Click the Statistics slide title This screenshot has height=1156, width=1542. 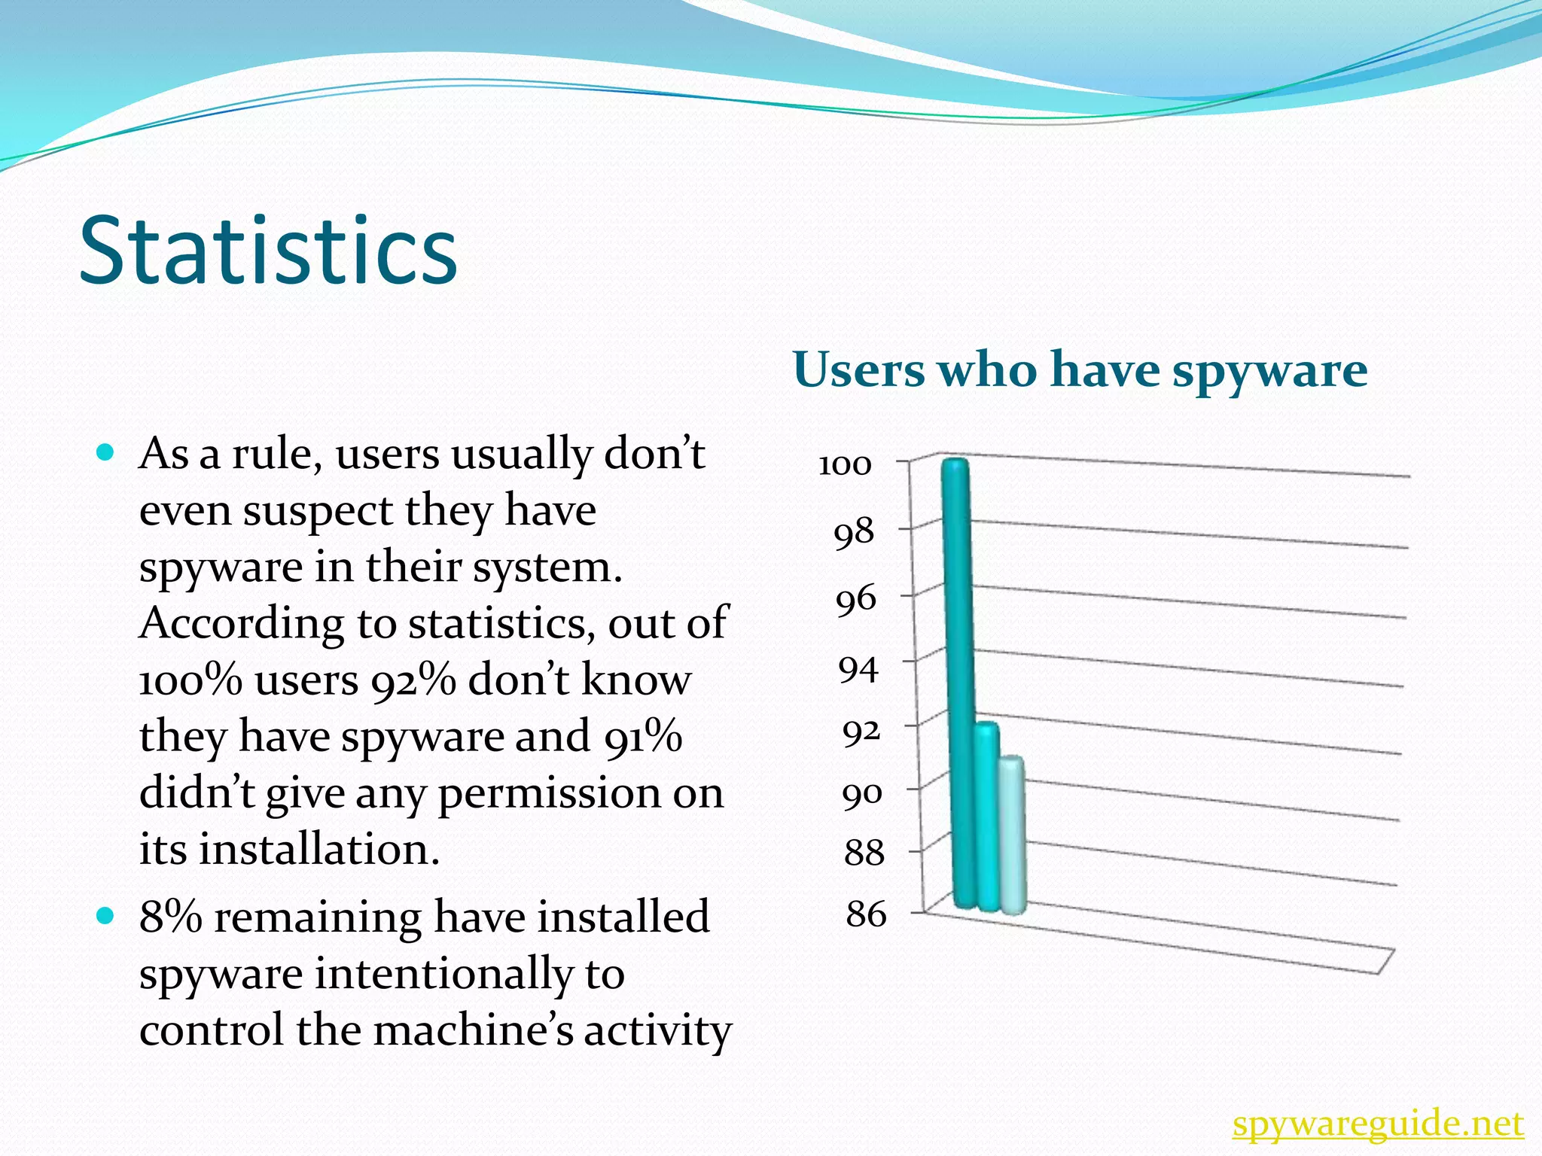tap(268, 251)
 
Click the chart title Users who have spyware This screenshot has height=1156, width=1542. tap(1080, 371)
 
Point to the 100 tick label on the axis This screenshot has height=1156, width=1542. tap(845, 465)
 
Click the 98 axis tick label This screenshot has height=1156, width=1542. tap(854, 534)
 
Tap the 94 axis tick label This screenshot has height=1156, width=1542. tap(859, 668)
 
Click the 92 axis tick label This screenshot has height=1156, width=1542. tap(861, 731)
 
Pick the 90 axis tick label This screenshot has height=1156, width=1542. tap(862, 795)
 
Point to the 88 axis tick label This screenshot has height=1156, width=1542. tap(864, 853)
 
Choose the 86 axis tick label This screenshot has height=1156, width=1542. tap(866, 914)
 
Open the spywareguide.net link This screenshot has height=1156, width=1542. tap(1378, 1124)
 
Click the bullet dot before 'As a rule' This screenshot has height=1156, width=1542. tap(105, 452)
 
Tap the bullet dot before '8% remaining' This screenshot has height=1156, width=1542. tap(105, 916)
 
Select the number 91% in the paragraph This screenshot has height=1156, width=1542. tap(642, 737)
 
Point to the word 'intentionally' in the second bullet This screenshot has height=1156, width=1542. tap(444, 974)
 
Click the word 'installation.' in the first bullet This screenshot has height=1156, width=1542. tap(319, 850)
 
